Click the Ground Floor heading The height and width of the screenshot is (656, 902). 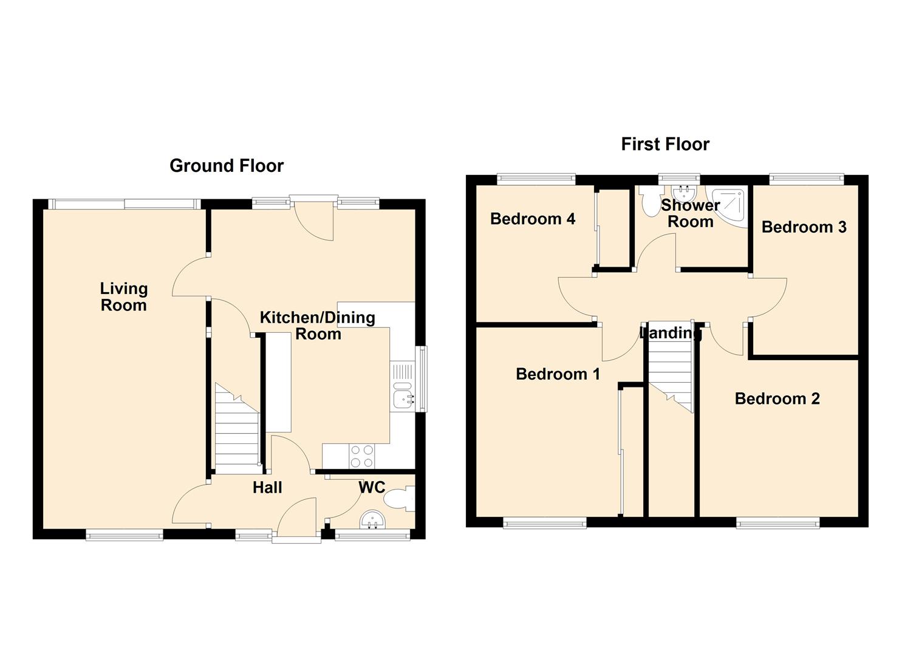(226, 166)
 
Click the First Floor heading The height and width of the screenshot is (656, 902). (665, 144)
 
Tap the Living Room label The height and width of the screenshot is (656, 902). (124, 297)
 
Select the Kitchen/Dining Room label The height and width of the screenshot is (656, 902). (318, 326)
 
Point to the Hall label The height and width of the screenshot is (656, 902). (267, 488)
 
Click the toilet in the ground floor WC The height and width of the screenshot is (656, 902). (400, 500)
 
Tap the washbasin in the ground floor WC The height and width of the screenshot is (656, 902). (372, 519)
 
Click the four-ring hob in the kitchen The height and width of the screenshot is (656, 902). (362, 456)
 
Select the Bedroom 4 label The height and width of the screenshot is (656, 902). (533, 219)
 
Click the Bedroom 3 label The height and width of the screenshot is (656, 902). (804, 227)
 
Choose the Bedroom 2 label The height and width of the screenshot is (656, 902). (777, 399)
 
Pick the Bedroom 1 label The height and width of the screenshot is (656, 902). (558, 374)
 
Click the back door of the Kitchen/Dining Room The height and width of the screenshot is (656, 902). (313, 219)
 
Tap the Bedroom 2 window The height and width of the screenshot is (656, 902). (777, 522)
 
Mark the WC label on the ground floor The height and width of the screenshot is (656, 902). (372, 487)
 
